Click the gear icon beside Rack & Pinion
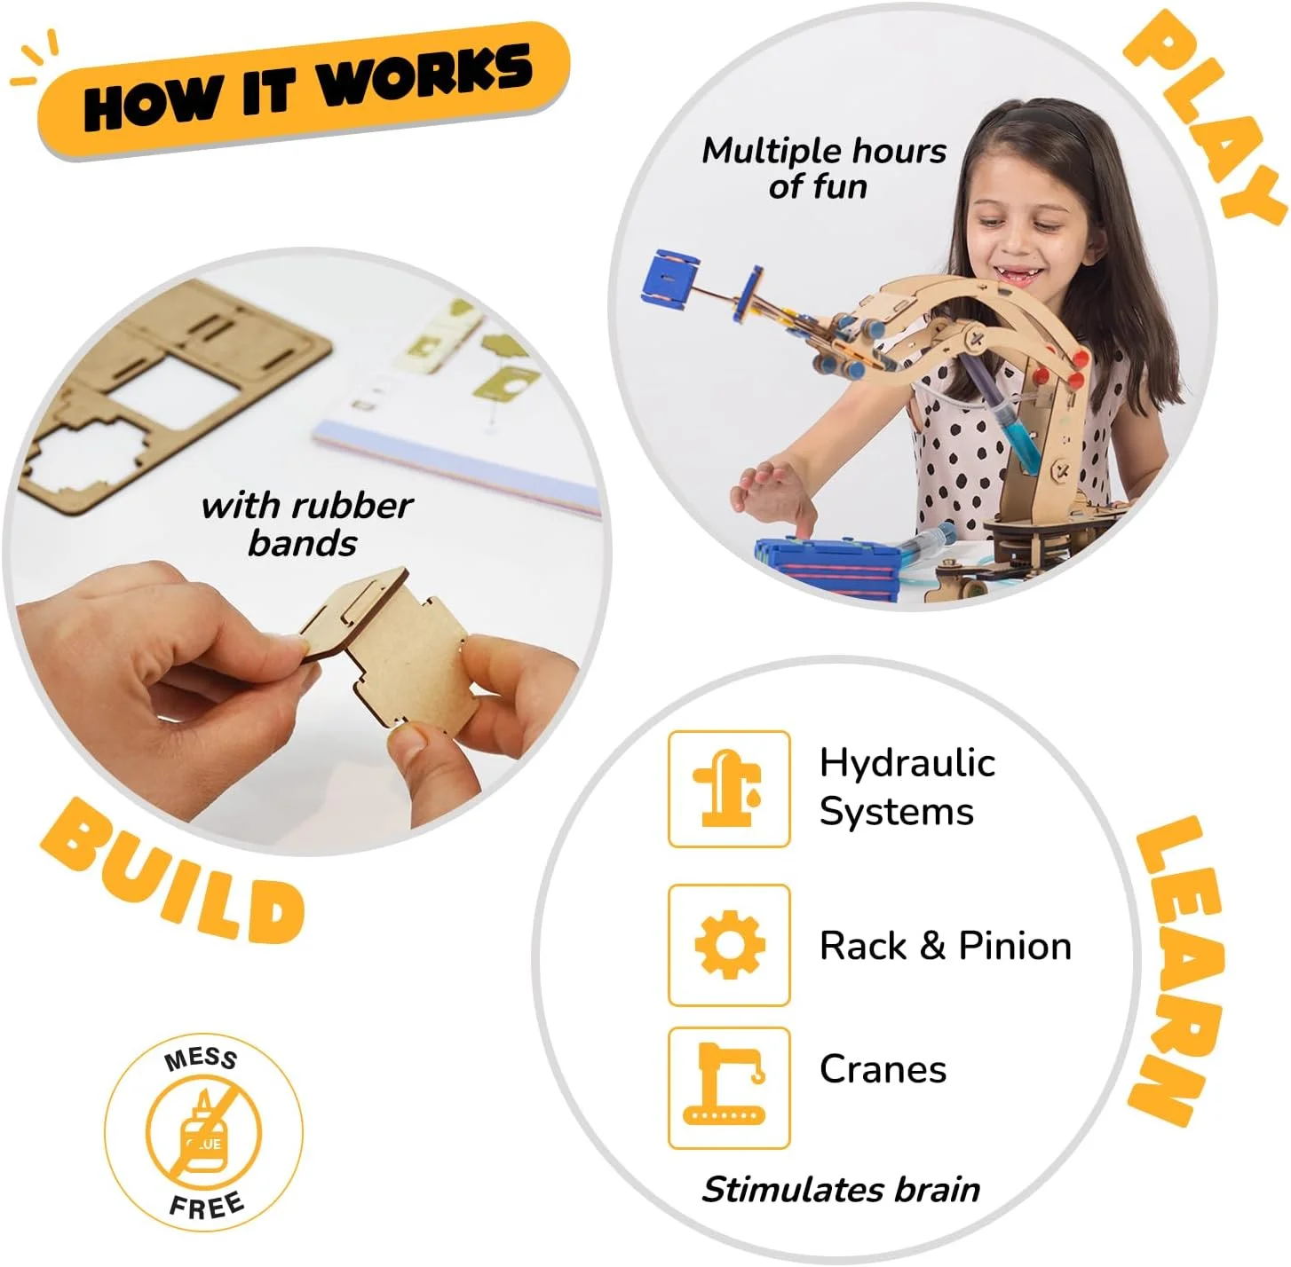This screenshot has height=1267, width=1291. point(730,945)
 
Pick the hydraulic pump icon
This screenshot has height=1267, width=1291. point(727,788)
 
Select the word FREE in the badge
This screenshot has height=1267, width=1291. point(207,1206)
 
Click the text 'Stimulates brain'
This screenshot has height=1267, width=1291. point(841,1189)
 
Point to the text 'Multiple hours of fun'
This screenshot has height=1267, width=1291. point(823,168)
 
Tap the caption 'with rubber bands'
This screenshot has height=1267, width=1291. point(306,524)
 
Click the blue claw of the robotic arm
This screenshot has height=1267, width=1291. point(670,276)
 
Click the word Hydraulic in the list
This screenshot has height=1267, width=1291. point(907,763)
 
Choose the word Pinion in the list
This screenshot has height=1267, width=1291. point(1015,946)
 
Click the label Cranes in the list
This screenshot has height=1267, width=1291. point(883,1069)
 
